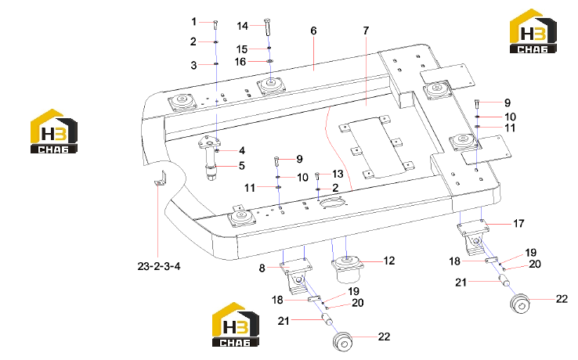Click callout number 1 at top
click(194, 22)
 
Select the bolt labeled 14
click(268, 27)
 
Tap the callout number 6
click(313, 31)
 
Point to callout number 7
click(366, 31)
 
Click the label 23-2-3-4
click(159, 266)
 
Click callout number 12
click(389, 261)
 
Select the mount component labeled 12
click(346, 268)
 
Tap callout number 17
click(518, 223)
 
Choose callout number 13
click(338, 174)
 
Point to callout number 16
click(240, 62)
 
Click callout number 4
click(242, 150)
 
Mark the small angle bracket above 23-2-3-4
click(161, 178)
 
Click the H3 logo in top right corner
click(533, 31)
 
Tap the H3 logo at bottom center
click(236, 325)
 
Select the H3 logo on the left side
click(54, 131)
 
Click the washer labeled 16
click(270, 61)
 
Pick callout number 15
click(242, 49)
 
